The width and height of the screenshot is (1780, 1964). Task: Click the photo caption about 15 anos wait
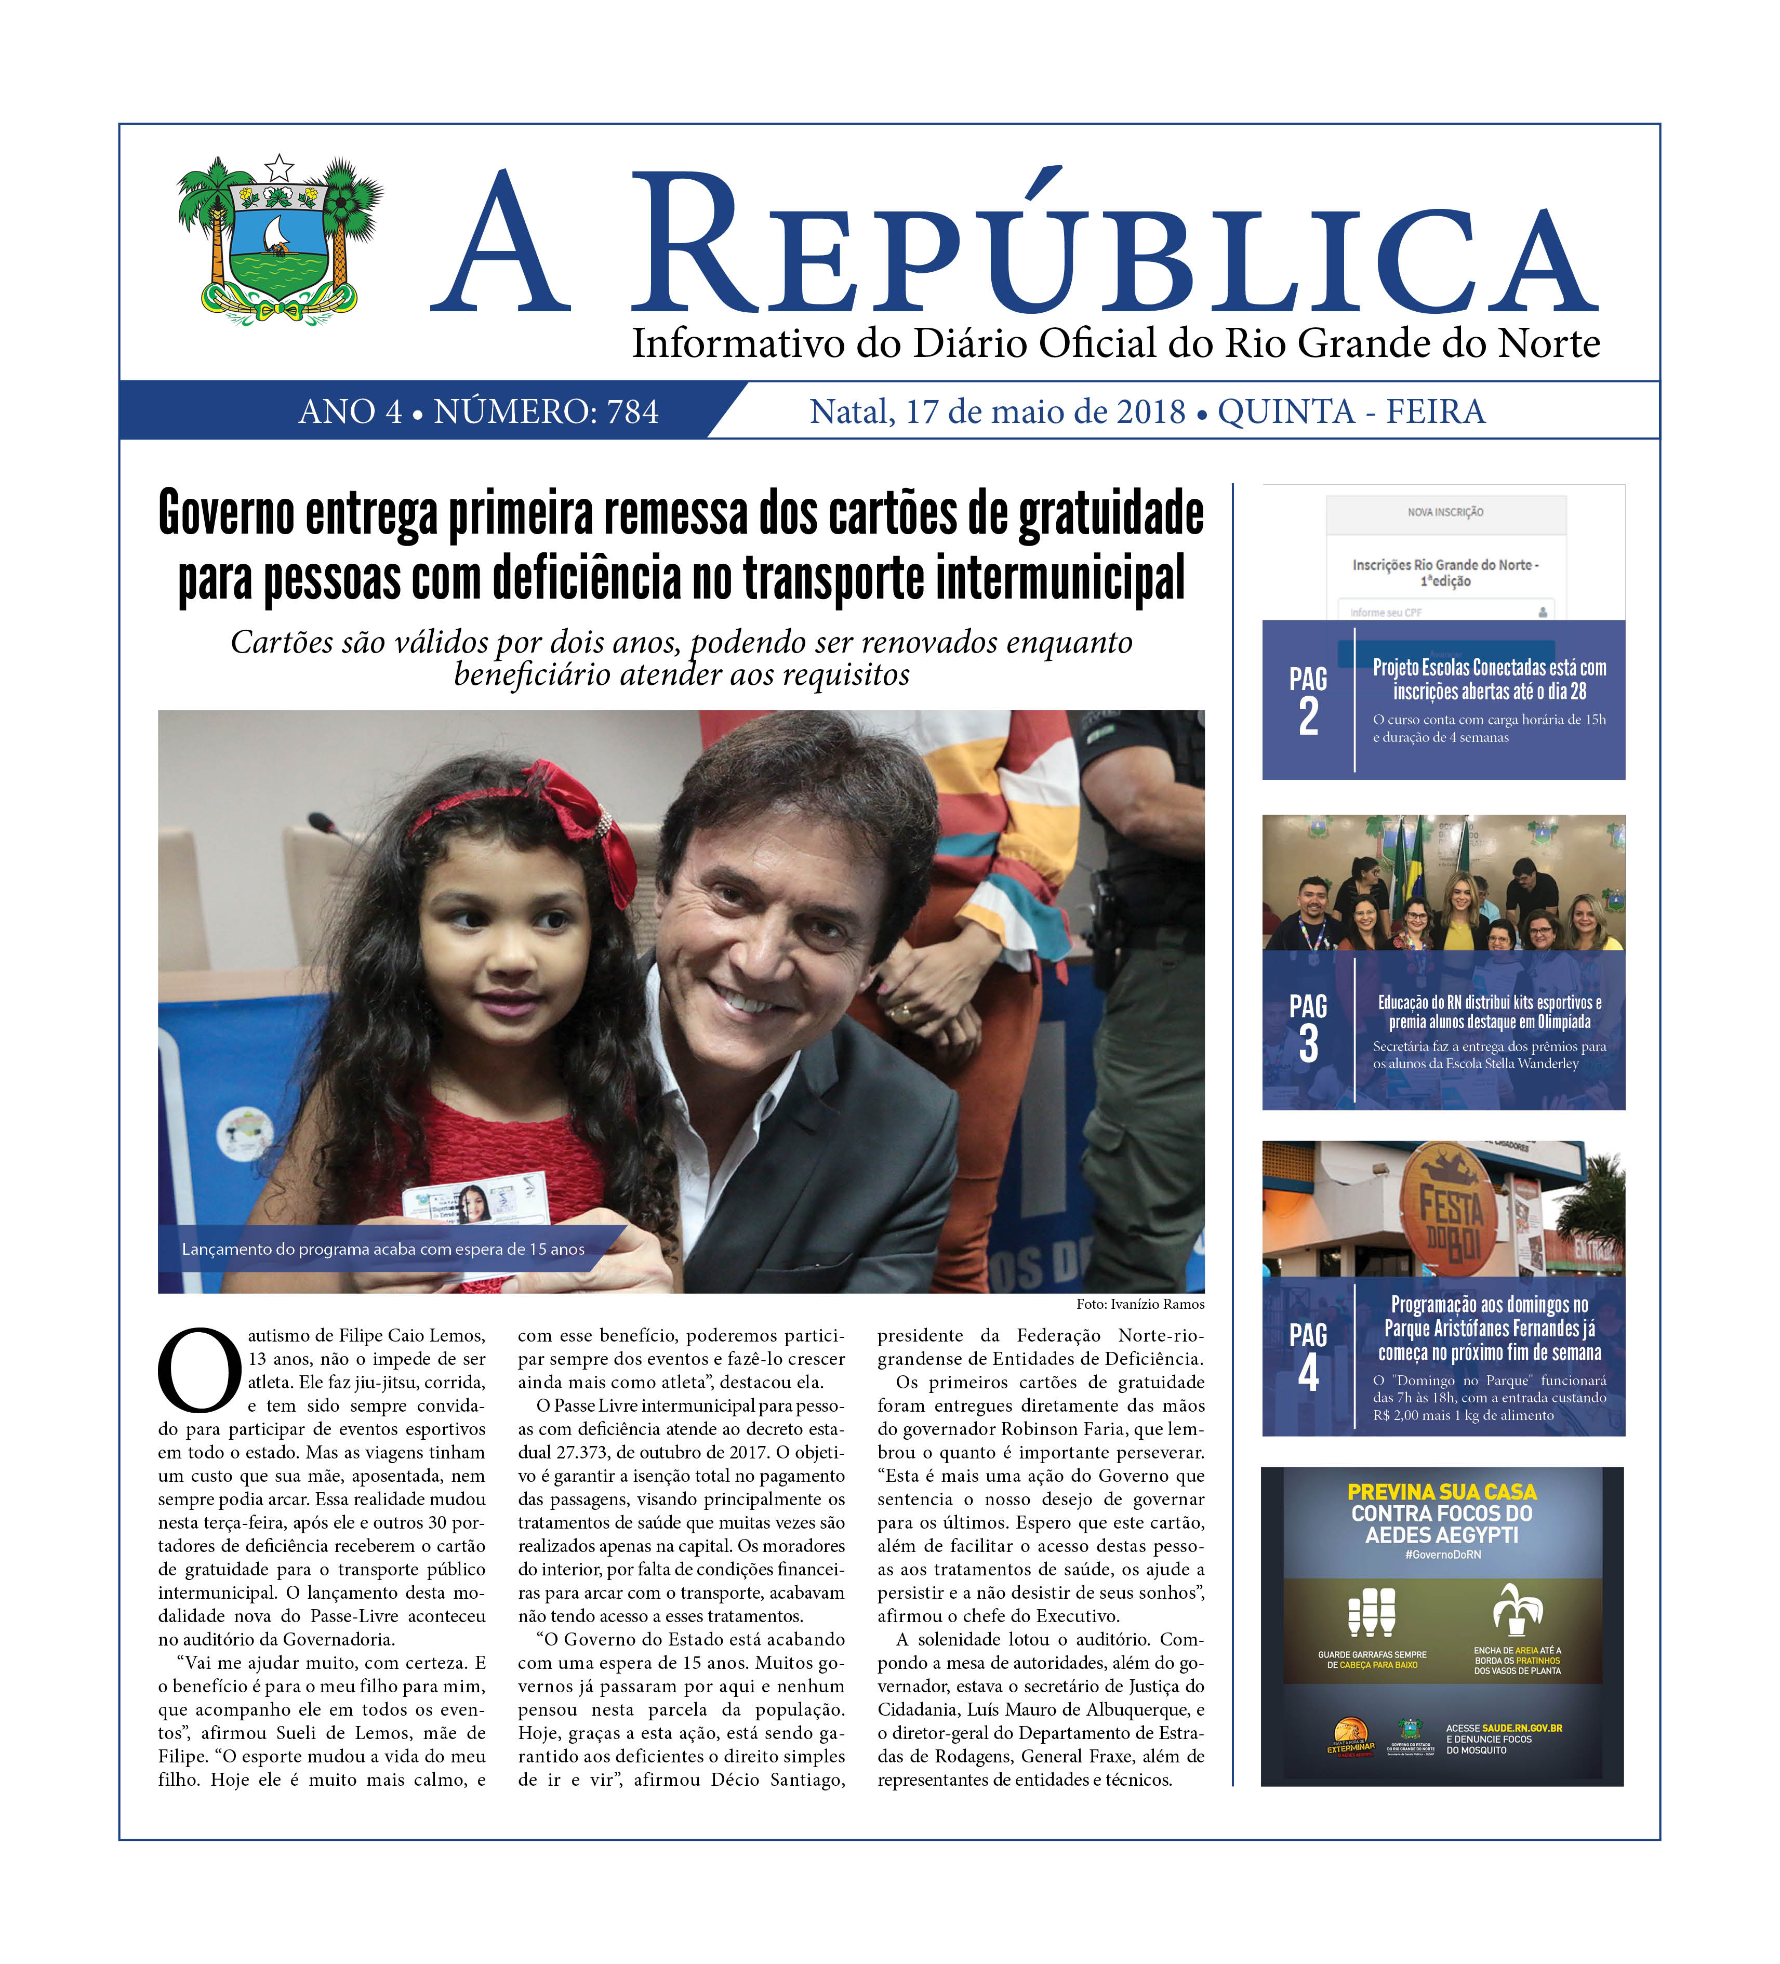tap(383, 1249)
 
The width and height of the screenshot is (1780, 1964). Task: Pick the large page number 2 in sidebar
tap(1308, 716)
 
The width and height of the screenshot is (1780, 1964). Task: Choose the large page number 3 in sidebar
tap(1308, 1043)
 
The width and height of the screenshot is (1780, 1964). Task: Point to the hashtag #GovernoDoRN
tap(1442, 1555)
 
